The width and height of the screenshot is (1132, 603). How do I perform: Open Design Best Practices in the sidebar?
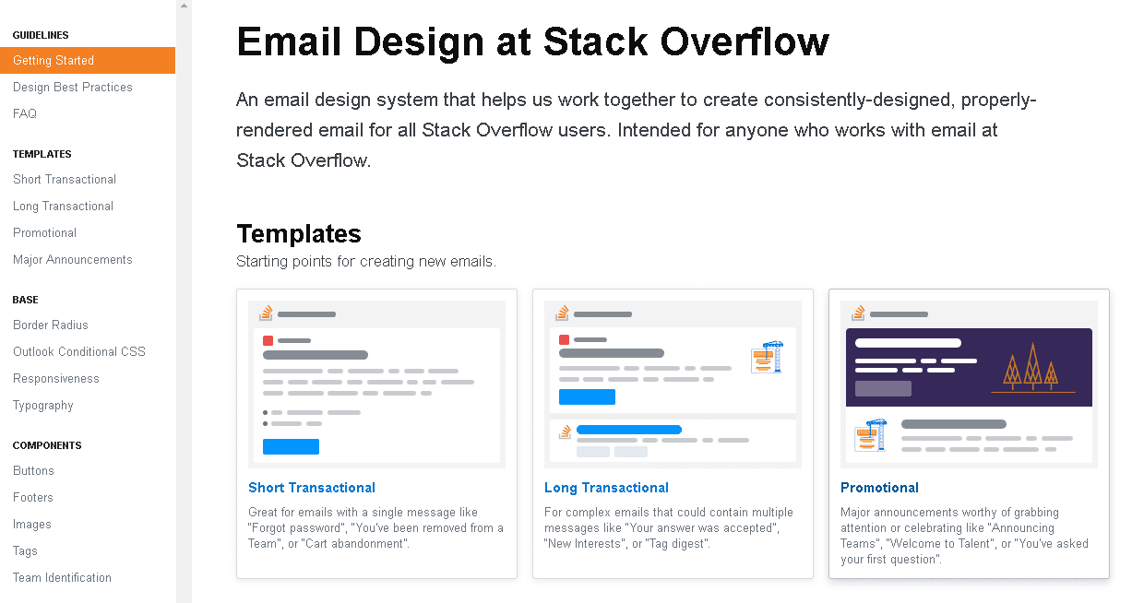(73, 87)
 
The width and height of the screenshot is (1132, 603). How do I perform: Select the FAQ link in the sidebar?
(25, 113)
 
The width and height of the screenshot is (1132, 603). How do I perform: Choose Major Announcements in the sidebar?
(73, 260)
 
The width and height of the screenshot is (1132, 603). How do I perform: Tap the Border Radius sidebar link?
(51, 325)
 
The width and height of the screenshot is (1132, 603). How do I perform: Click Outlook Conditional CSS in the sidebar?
(79, 351)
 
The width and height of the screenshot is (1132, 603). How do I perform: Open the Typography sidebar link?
(43, 406)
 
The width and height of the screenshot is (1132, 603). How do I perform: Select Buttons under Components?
(33, 470)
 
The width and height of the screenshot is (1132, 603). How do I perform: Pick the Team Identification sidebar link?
(62, 578)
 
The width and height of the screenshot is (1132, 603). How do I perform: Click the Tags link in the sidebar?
(25, 551)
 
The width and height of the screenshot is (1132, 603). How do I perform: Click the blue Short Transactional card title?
(312, 488)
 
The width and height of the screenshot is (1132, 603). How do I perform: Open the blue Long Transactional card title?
(606, 488)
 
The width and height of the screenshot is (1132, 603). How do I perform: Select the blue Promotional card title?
(879, 488)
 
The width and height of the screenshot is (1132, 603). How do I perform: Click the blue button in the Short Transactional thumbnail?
(292, 446)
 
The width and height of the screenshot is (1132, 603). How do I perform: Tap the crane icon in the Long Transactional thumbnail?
(768, 357)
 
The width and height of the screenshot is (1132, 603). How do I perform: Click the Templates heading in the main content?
(299, 234)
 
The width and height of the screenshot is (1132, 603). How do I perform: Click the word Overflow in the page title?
(745, 41)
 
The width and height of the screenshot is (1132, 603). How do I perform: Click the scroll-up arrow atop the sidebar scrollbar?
(184, 6)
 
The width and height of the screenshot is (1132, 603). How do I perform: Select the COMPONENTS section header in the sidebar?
(47, 445)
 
